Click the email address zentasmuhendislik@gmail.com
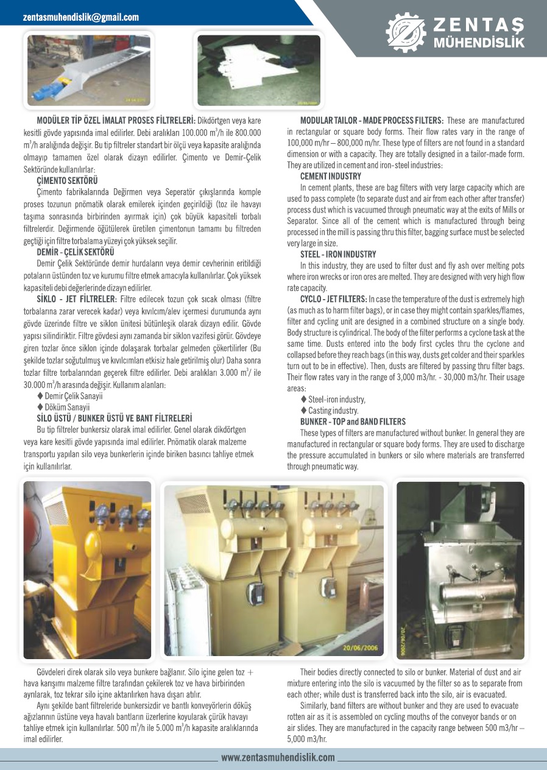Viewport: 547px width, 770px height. coord(80,18)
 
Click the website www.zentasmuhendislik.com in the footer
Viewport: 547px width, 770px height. coord(278,758)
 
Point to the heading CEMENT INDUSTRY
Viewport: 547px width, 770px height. coord(331,177)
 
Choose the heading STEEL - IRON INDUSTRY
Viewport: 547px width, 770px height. coord(338,255)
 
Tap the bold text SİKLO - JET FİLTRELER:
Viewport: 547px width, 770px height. coord(77,299)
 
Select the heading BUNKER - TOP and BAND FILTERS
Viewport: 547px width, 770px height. coord(353,422)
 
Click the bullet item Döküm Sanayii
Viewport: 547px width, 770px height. coord(67,407)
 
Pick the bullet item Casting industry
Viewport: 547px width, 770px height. coord(333,411)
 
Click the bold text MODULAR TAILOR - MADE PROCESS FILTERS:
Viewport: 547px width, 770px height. coord(372,121)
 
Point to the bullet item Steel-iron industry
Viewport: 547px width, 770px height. coord(337,400)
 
